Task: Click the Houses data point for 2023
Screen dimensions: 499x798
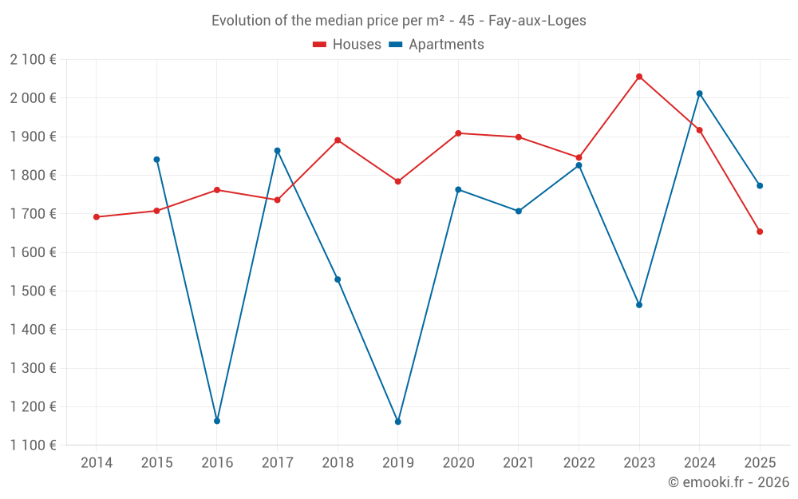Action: tap(639, 77)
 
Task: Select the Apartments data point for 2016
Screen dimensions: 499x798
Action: tap(217, 421)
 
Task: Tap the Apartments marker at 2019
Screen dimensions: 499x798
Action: tap(398, 422)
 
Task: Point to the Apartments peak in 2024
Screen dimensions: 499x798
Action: tap(700, 93)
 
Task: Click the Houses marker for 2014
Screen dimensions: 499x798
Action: tap(97, 217)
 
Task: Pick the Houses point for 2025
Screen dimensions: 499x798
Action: tap(760, 232)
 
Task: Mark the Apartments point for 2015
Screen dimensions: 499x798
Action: tap(156, 160)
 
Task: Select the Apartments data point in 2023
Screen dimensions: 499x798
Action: tap(639, 305)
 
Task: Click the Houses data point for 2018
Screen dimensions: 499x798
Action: tap(338, 141)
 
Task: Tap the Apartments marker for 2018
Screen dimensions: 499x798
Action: tap(338, 279)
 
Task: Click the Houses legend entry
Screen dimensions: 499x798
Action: tap(347, 45)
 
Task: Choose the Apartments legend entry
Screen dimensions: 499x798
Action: tap(437, 45)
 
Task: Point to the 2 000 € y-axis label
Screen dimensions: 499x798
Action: tap(33, 98)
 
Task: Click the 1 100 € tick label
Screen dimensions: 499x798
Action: tap(33, 446)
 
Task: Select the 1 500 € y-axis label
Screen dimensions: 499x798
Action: tap(33, 291)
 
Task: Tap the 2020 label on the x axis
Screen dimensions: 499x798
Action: tap(458, 463)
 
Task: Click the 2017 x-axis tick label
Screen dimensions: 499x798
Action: tap(277, 463)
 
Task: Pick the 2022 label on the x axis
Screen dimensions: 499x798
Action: tap(579, 463)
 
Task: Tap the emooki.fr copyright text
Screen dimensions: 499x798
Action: tap(729, 482)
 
